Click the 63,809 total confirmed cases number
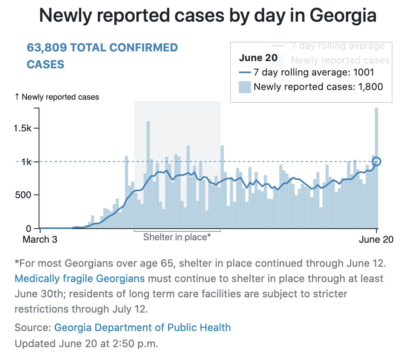click(47, 48)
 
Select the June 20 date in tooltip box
click(258, 58)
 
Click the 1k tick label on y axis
click(29, 162)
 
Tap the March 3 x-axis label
click(40, 240)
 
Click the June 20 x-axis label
click(376, 240)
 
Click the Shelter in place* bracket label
click(177, 237)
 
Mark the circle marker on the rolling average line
click(376, 162)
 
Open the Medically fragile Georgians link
click(79, 278)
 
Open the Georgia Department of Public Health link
click(142, 327)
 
